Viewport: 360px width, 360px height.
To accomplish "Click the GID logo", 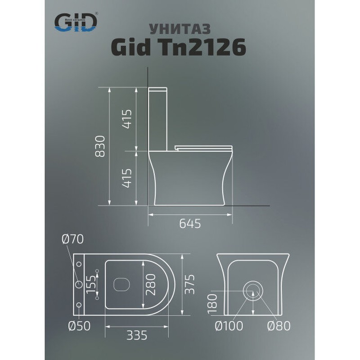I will pos(76,22).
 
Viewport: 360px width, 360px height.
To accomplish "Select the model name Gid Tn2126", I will pos(179,47).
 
